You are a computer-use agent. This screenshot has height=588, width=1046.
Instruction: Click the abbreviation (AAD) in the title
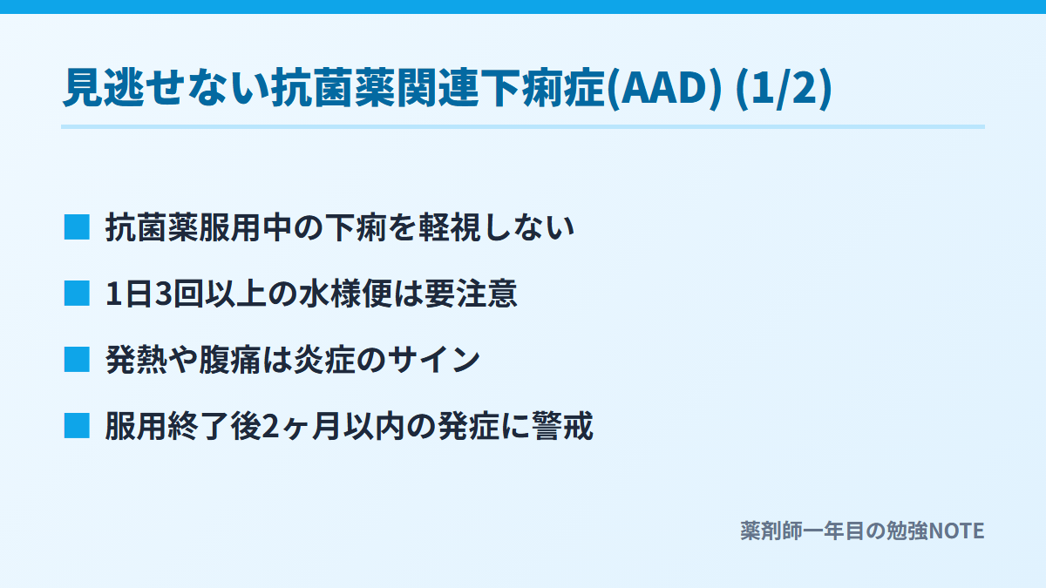(x=664, y=88)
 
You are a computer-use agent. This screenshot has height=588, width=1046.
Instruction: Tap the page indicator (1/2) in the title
(x=784, y=88)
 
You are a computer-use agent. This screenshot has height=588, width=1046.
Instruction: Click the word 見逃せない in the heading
(x=166, y=88)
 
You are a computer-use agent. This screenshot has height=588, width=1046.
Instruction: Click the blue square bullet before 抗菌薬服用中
(x=77, y=227)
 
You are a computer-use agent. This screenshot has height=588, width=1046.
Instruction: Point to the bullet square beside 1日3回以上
(x=77, y=294)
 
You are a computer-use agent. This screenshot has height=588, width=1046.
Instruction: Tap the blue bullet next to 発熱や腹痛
(x=77, y=360)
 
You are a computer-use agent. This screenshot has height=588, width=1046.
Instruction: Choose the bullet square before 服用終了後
(x=77, y=426)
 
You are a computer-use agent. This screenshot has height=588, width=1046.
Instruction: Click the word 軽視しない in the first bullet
(x=496, y=227)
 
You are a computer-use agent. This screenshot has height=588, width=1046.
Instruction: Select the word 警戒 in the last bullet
(x=562, y=427)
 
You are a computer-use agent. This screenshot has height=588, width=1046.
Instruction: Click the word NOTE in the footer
(x=956, y=531)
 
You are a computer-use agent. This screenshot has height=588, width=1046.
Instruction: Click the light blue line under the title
(x=523, y=126)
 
